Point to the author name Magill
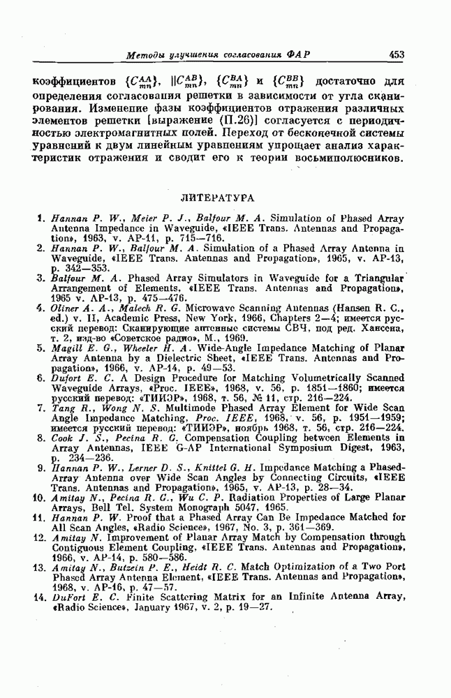68,348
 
